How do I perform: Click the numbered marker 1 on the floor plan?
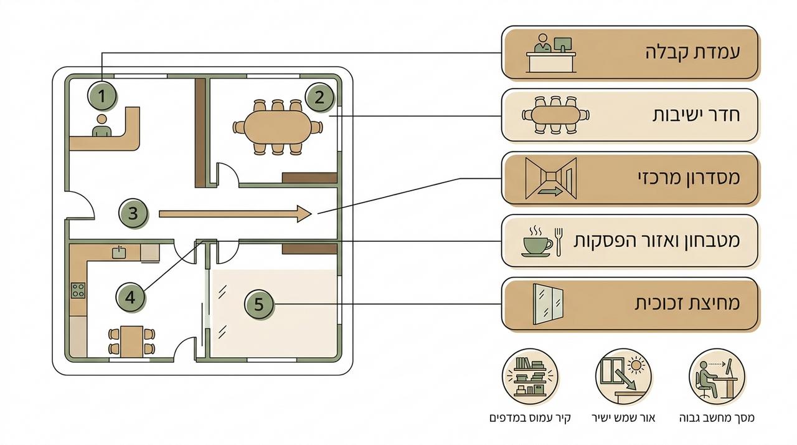[101, 96]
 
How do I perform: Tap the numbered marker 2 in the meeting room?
[319, 97]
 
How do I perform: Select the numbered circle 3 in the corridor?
[133, 213]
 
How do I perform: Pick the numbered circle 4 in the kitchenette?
[130, 297]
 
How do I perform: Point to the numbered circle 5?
[259, 304]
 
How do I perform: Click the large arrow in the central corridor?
[235, 214]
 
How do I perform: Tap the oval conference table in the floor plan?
[278, 127]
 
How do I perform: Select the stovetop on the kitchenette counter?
[78, 290]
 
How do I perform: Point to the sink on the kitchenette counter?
[119, 252]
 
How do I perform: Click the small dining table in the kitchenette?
[131, 342]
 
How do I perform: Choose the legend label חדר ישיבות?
[696, 115]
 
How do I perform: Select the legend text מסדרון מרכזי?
[689, 178]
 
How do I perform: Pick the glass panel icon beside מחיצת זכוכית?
[548, 304]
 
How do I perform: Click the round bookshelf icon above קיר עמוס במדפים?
[530, 376]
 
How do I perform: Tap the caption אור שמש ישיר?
[623, 418]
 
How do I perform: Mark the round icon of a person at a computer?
[717, 376]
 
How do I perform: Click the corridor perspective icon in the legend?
[551, 178]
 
